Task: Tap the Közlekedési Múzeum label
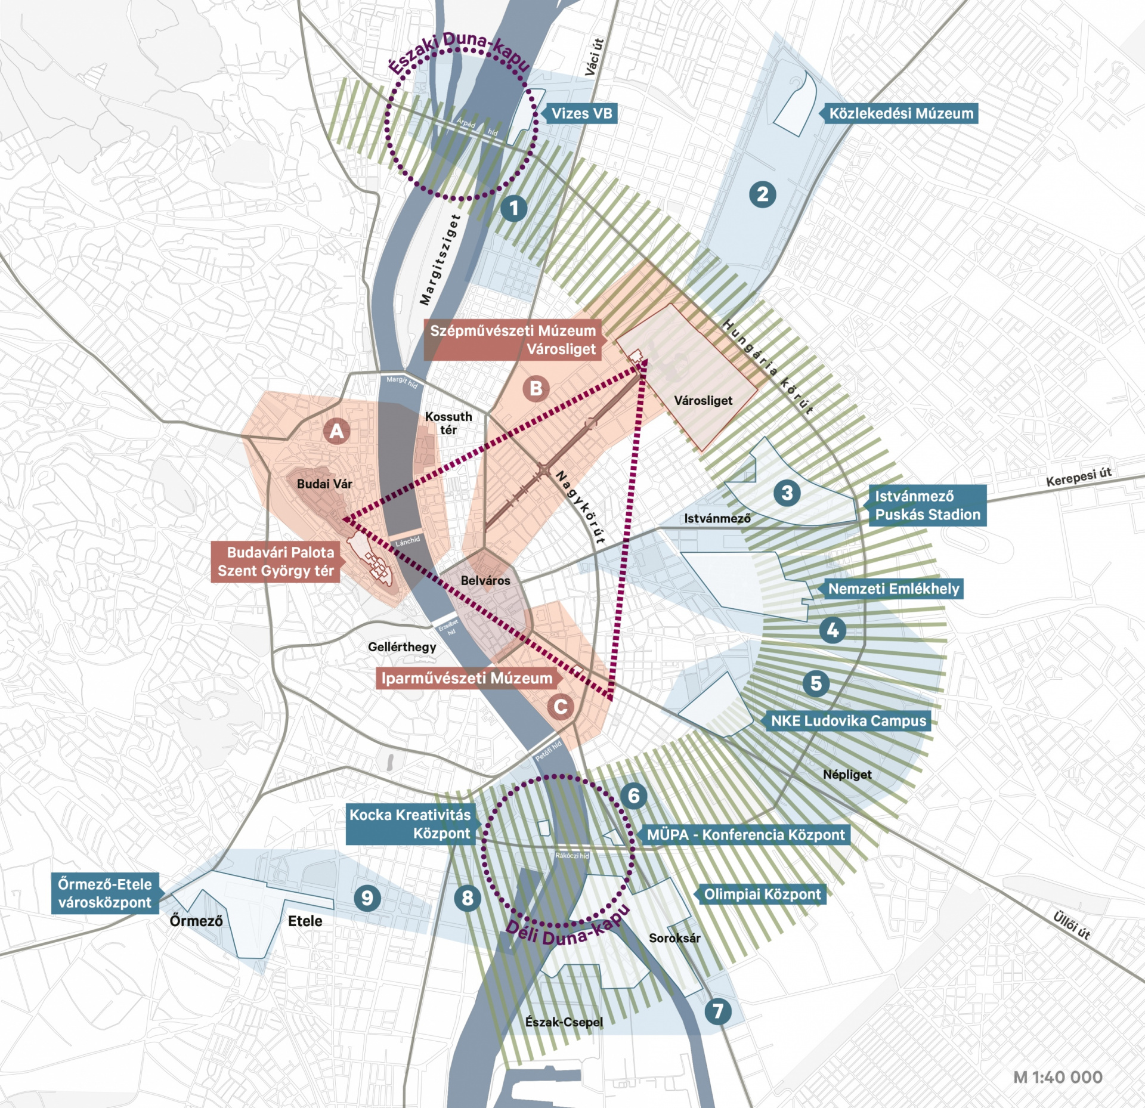(900, 113)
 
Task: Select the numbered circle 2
(762, 194)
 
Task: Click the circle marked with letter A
(336, 431)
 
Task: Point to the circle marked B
(536, 388)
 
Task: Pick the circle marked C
(561, 707)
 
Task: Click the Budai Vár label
(324, 484)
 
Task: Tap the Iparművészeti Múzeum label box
(466, 678)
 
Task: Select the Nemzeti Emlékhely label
(893, 589)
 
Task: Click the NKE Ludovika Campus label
(848, 720)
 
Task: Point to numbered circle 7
(718, 1011)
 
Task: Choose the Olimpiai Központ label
(762, 894)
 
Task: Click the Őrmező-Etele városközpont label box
(105, 893)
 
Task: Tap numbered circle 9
(367, 897)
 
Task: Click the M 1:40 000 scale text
(1057, 1077)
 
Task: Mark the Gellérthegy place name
(402, 646)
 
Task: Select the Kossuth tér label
(448, 423)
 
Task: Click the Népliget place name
(847, 774)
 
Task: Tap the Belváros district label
(485, 580)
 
